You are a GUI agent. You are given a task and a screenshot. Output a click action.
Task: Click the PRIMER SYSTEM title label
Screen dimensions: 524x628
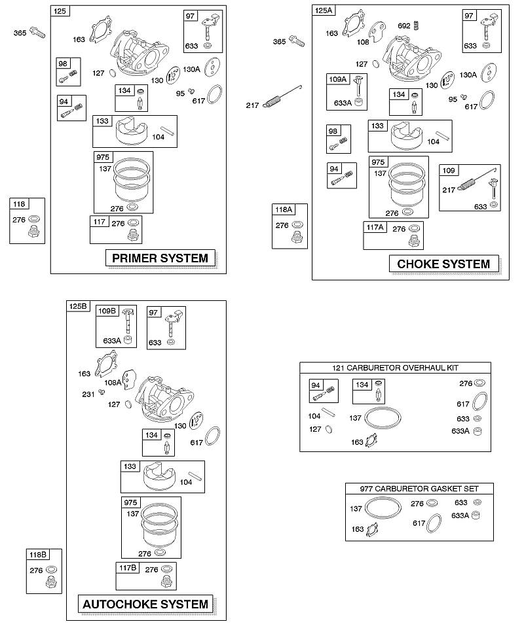(160, 258)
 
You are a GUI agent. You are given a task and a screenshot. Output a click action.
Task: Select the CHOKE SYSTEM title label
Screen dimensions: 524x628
(444, 264)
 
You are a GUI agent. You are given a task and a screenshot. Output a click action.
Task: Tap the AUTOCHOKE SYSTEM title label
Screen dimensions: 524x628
(145, 604)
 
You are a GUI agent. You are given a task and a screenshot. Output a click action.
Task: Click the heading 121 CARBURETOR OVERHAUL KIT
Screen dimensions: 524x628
(396, 368)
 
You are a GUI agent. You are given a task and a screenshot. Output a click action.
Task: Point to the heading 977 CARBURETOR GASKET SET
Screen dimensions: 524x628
(419, 489)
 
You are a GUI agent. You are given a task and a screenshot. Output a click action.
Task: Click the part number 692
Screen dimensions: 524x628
(404, 26)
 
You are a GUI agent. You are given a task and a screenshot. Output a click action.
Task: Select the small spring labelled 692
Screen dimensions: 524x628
(417, 26)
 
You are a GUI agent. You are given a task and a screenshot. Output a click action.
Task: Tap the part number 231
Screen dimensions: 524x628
(88, 394)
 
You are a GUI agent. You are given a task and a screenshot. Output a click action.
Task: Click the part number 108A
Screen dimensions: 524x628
(113, 383)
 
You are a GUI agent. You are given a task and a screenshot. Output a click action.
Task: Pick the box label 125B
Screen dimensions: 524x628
(78, 306)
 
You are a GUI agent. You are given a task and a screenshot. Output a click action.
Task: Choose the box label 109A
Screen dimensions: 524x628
(337, 79)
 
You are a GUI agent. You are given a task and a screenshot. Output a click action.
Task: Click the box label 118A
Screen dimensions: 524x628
(284, 209)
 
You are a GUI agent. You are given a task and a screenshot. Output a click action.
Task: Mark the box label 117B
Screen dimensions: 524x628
(128, 568)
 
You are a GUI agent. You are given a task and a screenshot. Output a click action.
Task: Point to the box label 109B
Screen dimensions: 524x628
(107, 311)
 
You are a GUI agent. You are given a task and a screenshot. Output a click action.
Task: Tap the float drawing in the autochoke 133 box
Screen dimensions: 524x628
(159, 476)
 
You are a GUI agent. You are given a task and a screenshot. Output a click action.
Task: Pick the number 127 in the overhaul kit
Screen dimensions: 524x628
(315, 429)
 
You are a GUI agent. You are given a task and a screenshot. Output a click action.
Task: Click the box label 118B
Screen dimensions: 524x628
(38, 555)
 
